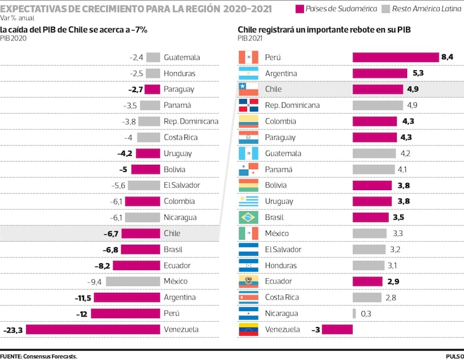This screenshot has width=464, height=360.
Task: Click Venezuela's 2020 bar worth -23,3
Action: tap(93, 329)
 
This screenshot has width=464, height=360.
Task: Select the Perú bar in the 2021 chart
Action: tap(396, 57)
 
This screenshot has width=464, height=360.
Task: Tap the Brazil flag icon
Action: tap(248, 217)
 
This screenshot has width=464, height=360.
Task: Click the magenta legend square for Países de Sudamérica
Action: tap(300, 9)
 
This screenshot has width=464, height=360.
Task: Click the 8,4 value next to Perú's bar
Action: tap(447, 57)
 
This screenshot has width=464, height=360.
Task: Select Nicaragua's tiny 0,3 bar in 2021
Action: tap(354, 314)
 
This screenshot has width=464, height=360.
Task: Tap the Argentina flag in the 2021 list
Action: tap(248, 74)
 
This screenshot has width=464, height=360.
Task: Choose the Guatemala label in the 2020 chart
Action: tap(182, 57)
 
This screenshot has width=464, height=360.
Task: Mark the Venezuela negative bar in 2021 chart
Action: tap(337, 329)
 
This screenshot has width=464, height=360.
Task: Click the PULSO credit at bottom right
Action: tap(454, 356)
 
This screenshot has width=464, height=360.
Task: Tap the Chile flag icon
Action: tap(248, 89)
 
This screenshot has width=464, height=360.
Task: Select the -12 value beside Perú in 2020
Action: tap(82, 313)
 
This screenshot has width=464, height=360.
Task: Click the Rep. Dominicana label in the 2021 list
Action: tap(292, 106)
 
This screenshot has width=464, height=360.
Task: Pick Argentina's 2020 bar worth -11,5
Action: tap(127, 297)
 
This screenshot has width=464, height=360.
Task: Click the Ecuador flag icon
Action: tap(248, 281)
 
